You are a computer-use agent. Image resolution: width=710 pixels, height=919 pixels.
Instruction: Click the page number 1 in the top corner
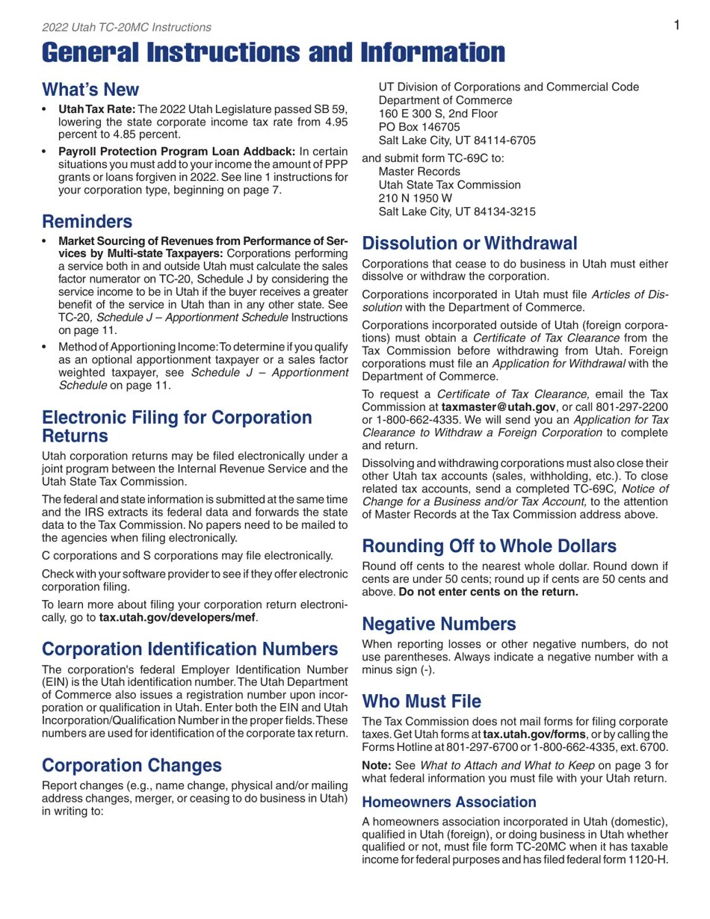click(x=676, y=25)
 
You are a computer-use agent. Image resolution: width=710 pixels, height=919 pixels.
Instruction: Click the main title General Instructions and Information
click(x=273, y=53)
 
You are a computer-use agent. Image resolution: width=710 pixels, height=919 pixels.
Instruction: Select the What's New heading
click(x=90, y=90)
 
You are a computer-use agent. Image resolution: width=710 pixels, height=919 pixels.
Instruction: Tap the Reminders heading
click(x=87, y=222)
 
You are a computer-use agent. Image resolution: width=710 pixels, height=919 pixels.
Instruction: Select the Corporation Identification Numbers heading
click(x=190, y=649)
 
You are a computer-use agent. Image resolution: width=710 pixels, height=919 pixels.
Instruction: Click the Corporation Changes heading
click(x=132, y=765)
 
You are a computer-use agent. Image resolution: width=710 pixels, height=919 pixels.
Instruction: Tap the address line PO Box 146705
click(x=419, y=127)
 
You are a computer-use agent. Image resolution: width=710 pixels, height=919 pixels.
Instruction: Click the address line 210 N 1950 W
click(x=415, y=198)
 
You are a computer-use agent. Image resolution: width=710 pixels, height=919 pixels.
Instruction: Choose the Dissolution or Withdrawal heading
click(x=469, y=244)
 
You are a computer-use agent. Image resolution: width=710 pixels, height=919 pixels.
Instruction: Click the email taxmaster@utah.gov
click(x=508, y=407)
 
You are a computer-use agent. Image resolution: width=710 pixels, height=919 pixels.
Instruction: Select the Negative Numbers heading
click(x=439, y=624)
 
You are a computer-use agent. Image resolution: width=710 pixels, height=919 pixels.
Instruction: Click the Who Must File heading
click(x=422, y=701)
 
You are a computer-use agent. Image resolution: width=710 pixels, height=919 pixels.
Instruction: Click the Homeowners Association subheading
click(x=448, y=802)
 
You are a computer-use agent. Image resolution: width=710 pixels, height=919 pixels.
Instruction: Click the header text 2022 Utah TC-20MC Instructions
click(x=126, y=28)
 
